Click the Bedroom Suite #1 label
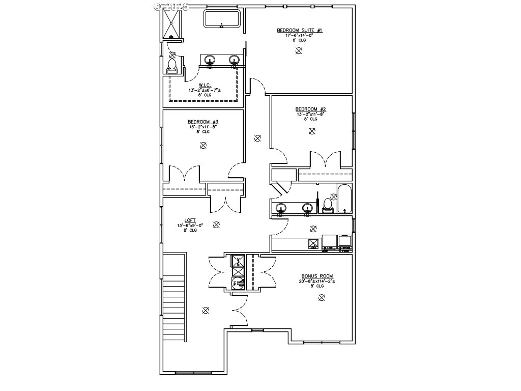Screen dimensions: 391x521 pyautogui.click(x=299, y=31)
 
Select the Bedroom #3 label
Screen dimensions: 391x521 pyautogui.click(x=203, y=122)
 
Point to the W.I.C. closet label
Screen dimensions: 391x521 pyautogui.click(x=205, y=85)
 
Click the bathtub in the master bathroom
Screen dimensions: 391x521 pyautogui.click(x=222, y=19)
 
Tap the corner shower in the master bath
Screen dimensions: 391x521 pyautogui.click(x=172, y=24)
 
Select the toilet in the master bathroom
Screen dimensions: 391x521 pyautogui.click(x=172, y=66)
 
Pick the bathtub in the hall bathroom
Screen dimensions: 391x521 pyautogui.click(x=344, y=199)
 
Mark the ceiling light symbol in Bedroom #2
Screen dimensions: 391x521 pyautogui.click(x=312, y=131)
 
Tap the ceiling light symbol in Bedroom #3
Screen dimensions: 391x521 pyautogui.click(x=203, y=145)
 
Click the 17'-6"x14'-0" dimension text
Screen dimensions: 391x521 pyautogui.click(x=299, y=36)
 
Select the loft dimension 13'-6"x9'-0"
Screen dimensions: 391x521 pyautogui.click(x=190, y=226)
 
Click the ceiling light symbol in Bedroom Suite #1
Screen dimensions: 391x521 pyautogui.click(x=299, y=50)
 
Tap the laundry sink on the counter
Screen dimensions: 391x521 pyautogui.click(x=314, y=243)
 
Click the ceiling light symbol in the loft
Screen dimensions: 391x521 pyautogui.click(x=216, y=224)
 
